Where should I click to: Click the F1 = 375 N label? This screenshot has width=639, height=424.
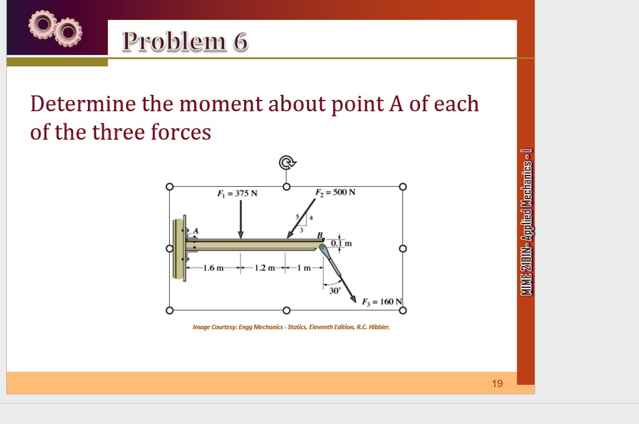pos(233,193)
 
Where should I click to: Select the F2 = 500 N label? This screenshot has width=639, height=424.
pos(335,192)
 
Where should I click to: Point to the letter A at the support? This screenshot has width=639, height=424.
pos(195,231)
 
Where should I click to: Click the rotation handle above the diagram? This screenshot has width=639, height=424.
pos(286,164)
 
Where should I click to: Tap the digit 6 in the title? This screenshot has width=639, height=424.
pos(240,41)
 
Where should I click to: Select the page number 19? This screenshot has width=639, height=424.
pos(497,383)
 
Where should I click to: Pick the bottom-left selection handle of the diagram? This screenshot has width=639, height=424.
pos(169,310)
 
